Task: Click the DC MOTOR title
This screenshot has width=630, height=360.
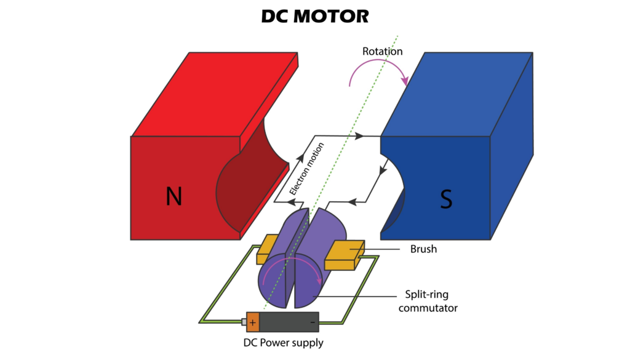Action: click(x=315, y=16)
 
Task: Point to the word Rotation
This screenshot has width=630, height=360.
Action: click(x=382, y=51)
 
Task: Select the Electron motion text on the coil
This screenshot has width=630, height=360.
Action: click(x=306, y=169)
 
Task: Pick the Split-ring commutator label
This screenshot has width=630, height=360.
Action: click(x=428, y=300)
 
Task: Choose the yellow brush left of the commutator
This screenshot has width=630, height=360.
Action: click(x=269, y=247)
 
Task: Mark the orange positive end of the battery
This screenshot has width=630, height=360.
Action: click(x=253, y=322)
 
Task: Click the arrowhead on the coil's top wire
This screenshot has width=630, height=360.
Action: click(x=361, y=135)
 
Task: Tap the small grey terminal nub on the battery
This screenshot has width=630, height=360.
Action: click(x=244, y=322)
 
